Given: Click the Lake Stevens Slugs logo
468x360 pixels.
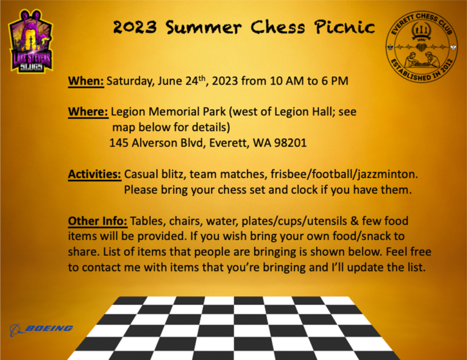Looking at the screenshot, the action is pos(31,41).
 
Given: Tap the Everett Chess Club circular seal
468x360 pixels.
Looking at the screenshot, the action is pos(422,47).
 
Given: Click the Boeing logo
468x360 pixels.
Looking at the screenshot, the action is pos(41,330).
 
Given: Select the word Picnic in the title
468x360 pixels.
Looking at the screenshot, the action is pos(344,27).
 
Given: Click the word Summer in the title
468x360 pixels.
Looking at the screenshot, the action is pos(204,27).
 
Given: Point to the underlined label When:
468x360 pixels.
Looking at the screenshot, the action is pos(86,81).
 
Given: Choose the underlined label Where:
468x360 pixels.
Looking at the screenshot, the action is pos(88,112).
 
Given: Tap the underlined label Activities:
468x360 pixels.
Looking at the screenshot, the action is pos(94,174).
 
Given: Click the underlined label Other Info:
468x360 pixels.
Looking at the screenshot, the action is pos(97,221).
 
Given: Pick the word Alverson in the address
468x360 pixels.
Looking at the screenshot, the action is pos(155,143).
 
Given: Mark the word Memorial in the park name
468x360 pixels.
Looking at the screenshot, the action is pos(175,112).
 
